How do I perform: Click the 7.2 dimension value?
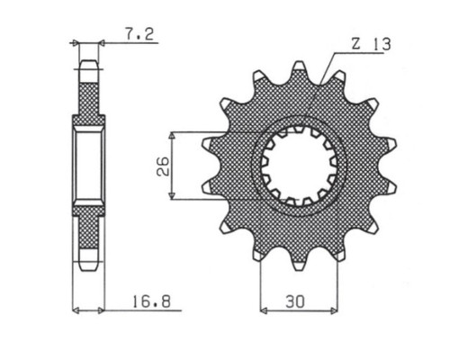coord(139,34)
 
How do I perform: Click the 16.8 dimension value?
coord(151,301)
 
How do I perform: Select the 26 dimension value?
coord(164,166)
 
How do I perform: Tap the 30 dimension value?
coord(295,301)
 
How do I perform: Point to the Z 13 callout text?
coord(371,44)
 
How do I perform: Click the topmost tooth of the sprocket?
coord(299,67)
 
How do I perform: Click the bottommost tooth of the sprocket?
coord(299,265)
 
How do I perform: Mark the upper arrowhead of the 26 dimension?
coord(172,136)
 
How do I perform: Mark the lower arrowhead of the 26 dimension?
coord(172,195)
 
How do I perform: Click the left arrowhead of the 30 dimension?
coord(264,310)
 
